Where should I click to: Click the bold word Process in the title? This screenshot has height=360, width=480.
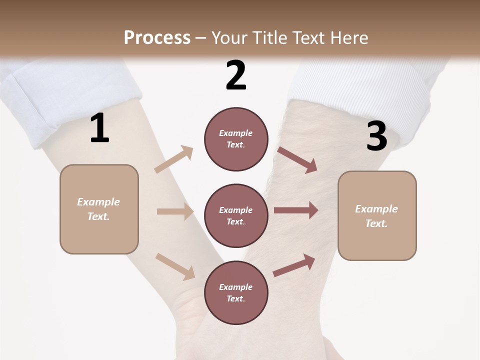157,37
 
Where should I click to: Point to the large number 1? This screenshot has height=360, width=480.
99,128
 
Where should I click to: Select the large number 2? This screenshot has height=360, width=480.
236,75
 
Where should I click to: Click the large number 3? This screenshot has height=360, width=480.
376,136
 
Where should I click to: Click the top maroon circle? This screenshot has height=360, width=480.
236,139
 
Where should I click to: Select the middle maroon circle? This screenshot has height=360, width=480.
236,216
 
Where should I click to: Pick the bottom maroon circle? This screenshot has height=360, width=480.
236,293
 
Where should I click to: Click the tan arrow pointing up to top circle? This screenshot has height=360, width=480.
174,159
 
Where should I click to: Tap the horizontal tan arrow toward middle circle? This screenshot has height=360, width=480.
175,211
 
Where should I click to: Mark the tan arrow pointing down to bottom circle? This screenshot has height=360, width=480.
175,266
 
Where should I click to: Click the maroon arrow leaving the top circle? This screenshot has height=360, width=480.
297,159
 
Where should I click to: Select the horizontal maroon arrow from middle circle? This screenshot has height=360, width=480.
295,210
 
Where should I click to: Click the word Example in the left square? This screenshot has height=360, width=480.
98,202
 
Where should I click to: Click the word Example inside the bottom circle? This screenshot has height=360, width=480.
236,287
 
